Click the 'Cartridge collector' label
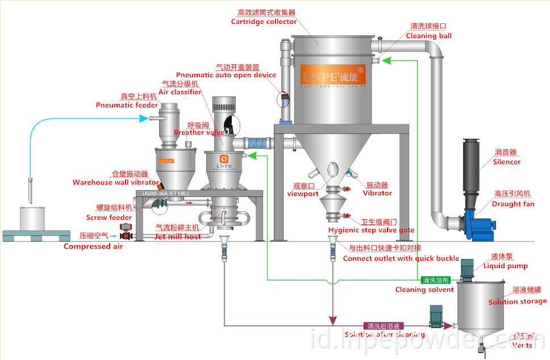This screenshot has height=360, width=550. (264, 22)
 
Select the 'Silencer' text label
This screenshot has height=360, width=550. (506, 162)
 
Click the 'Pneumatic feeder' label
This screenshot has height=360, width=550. (127, 105)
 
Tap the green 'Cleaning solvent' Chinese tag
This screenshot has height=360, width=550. (436, 280)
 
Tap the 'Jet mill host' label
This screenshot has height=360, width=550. (178, 236)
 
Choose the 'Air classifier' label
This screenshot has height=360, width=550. (180, 92)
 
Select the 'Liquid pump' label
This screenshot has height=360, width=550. (505, 266)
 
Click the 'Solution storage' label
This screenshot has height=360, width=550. (517, 302)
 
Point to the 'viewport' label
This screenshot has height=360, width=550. (303, 193)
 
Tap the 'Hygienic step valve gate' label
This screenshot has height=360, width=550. (371, 230)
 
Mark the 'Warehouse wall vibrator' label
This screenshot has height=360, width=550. (115, 182)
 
